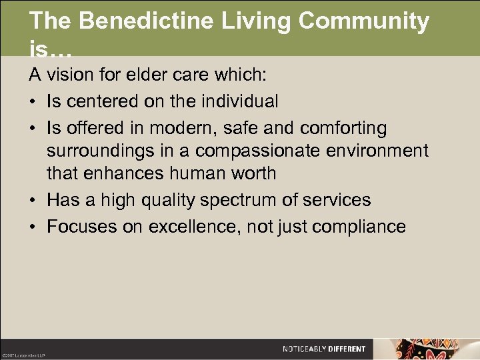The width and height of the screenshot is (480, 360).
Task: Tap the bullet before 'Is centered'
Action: click(x=33, y=102)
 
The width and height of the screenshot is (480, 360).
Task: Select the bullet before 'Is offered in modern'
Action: click(x=33, y=128)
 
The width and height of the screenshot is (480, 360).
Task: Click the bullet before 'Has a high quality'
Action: click(x=33, y=200)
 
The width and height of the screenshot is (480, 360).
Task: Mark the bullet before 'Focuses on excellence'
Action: click(x=33, y=227)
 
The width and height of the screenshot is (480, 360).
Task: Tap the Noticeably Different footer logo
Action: click(x=324, y=349)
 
